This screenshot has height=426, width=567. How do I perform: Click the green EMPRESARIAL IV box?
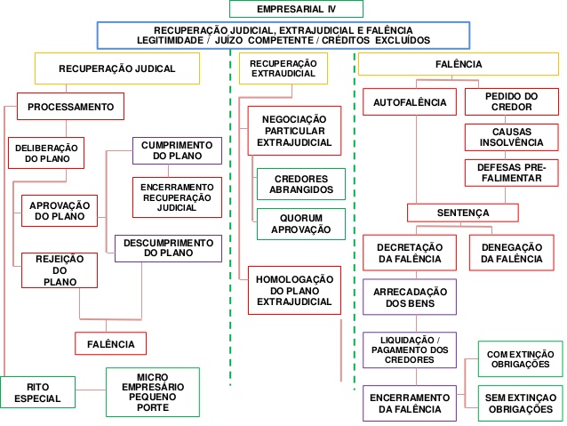(296, 9)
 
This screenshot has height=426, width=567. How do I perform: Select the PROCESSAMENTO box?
(70, 107)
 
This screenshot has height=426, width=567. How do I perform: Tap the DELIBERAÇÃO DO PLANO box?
(47, 153)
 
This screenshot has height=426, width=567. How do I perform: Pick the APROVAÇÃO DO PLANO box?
(60, 211)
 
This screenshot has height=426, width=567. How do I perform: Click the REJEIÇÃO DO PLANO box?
(60, 270)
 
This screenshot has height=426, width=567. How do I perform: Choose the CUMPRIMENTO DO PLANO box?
(177, 150)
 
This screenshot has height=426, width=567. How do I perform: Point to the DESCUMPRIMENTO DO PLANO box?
(168, 247)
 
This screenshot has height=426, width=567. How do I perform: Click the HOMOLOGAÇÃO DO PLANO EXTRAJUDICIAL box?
(294, 290)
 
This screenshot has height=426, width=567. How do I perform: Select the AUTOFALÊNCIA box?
(410, 102)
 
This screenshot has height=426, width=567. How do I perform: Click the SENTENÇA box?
(463, 213)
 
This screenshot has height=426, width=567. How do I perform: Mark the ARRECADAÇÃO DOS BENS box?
(409, 297)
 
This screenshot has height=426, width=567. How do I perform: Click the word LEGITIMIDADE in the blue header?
(172, 40)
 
